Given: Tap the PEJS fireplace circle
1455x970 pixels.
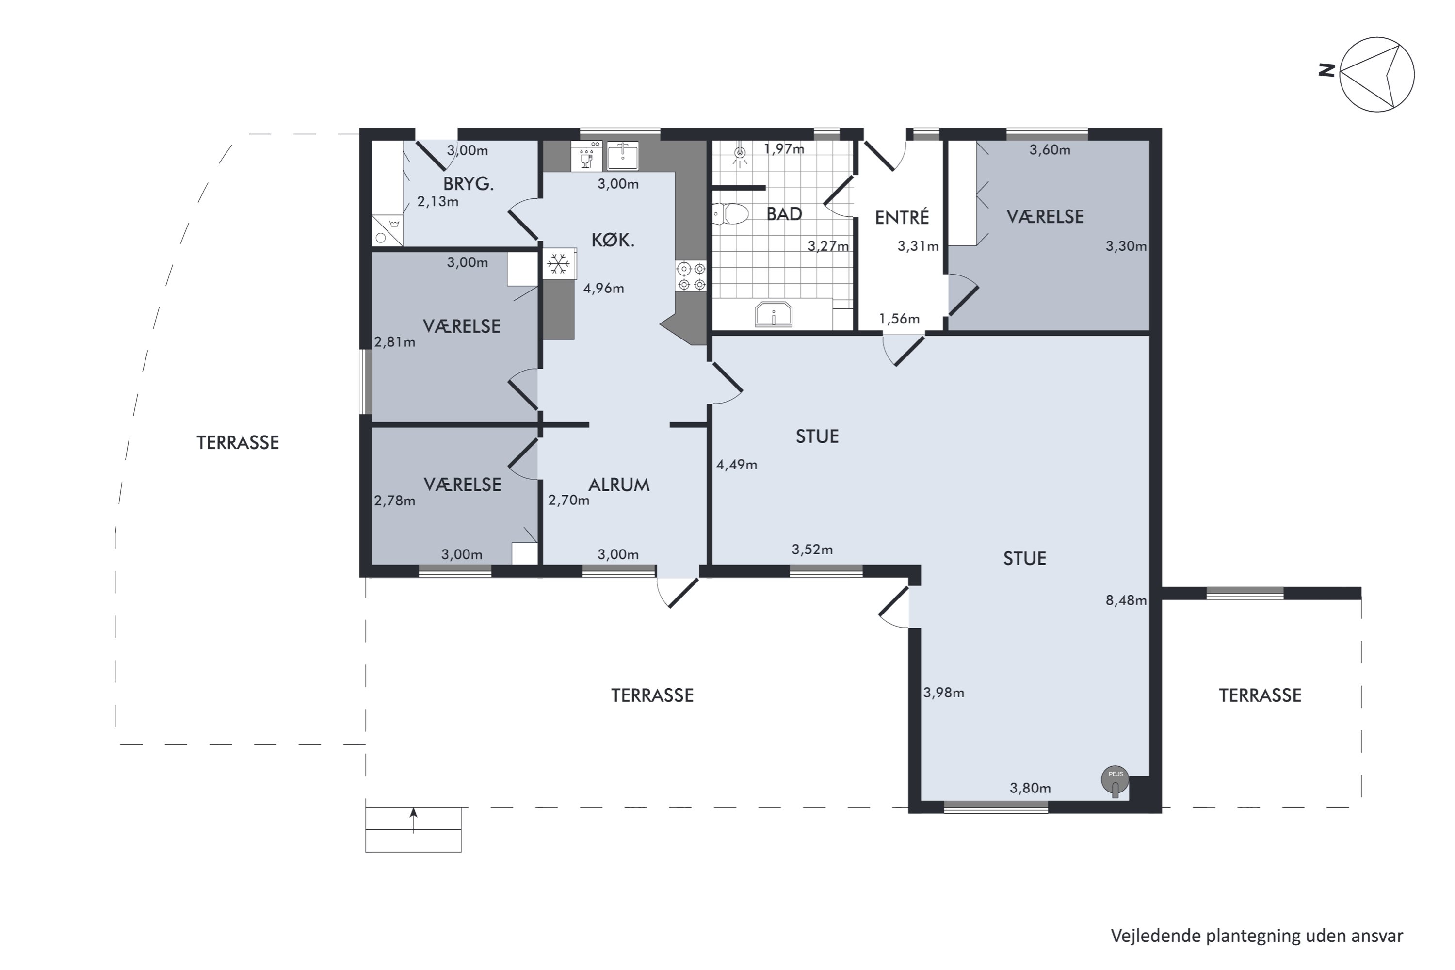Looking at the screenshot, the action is click(1115, 779).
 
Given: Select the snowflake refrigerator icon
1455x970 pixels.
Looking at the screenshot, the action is click(558, 264).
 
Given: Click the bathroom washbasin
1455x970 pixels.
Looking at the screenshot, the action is click(773, 314).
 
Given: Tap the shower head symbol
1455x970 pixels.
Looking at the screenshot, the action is click(739, 154).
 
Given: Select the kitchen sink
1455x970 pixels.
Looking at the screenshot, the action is click(622, 155).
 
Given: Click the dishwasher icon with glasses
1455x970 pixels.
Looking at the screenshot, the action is click(586, 155).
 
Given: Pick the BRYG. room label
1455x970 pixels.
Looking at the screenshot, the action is click(469, 184).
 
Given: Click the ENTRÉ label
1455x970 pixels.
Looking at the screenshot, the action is click(902, 217).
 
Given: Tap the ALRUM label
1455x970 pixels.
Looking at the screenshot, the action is click(619, 485).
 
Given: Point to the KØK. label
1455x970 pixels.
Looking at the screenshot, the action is click(613, 240).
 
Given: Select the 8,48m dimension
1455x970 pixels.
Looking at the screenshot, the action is click(1126, 600).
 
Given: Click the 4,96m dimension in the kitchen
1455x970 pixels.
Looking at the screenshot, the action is click(603, 288).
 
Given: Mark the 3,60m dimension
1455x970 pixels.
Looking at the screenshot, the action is click(1050, 150).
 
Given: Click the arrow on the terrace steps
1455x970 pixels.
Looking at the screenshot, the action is click(413, 820).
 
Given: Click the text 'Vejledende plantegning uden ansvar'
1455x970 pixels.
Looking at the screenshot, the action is click(1257, 936).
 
